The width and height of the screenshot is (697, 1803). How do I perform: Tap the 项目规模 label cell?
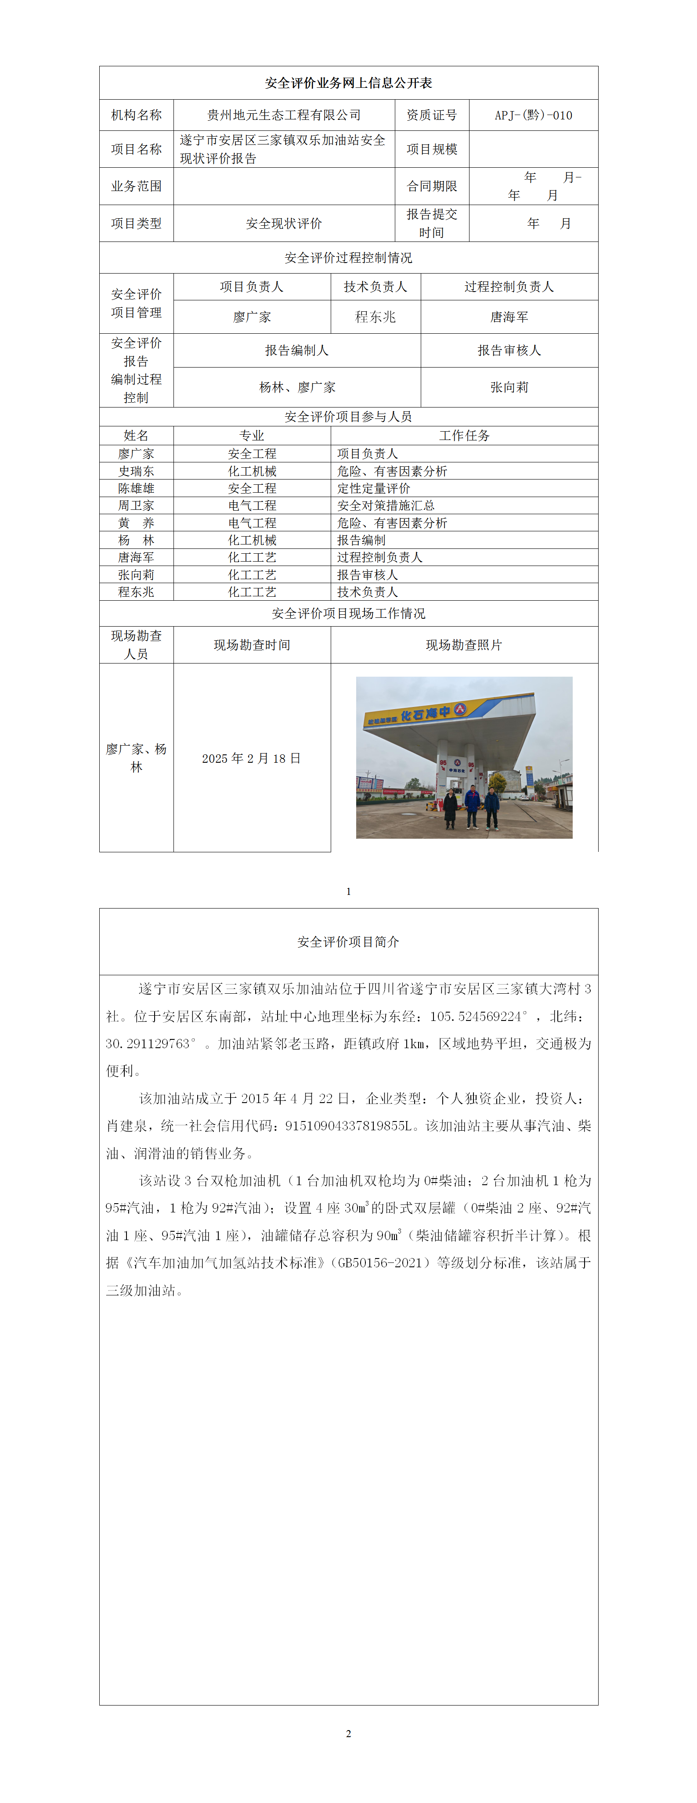click(x=432, y=149)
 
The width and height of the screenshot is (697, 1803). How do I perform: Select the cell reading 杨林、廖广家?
click(x=297, y=387)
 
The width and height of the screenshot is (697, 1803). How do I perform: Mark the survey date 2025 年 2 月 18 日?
click(x=251, y=758)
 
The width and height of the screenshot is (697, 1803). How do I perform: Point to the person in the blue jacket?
click(x=473, y=805)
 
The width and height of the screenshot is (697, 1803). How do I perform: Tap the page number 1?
click(x=349, y=891)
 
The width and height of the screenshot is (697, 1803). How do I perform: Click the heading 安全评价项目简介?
click(x=349, y=942)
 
